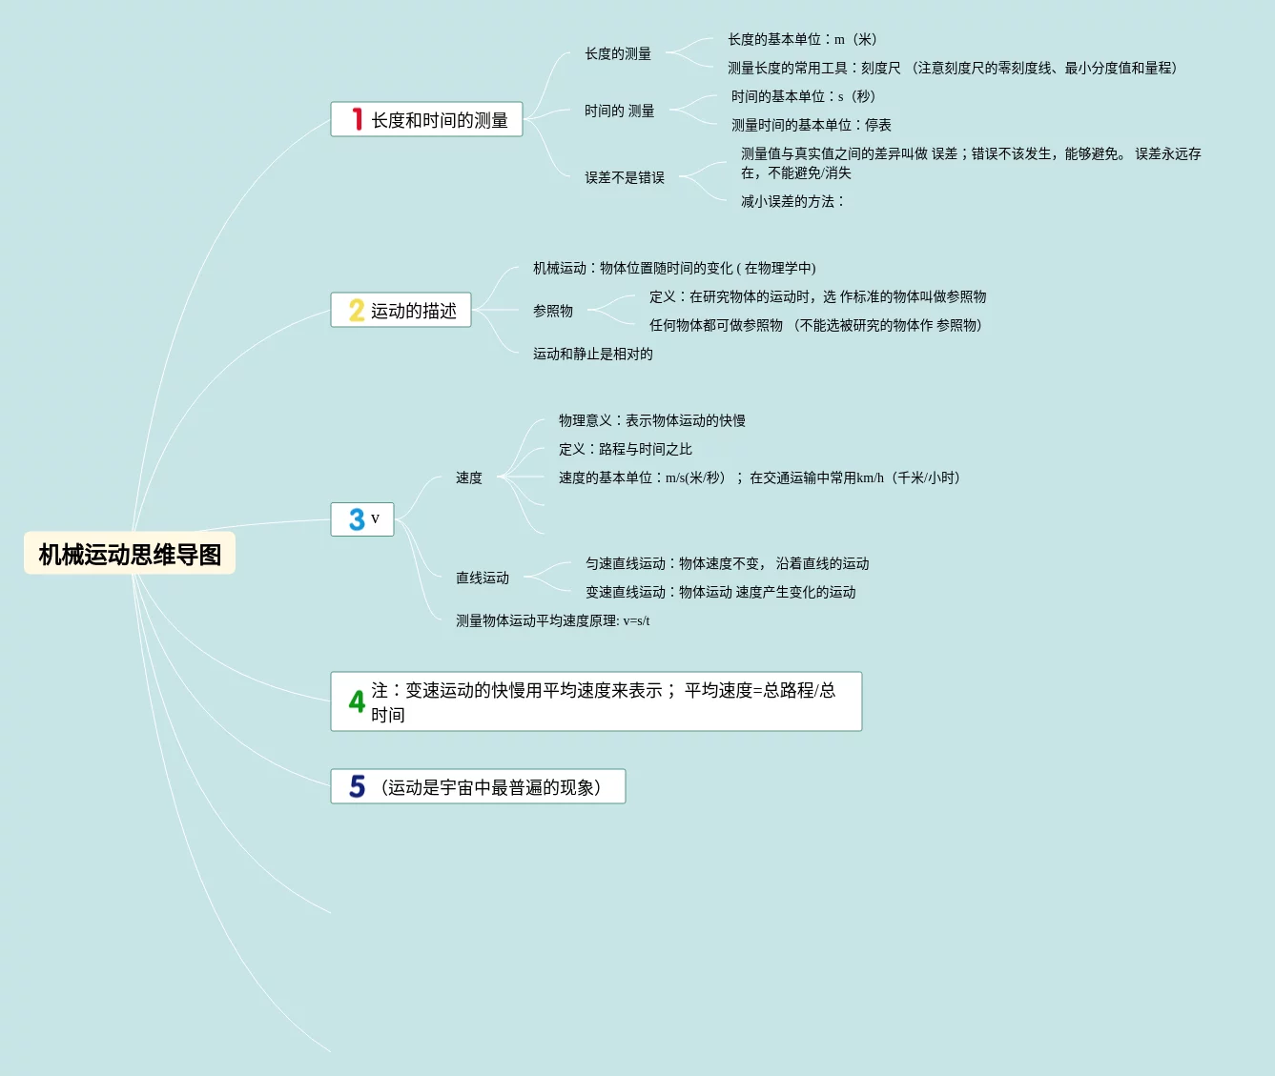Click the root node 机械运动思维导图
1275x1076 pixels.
coord(130,554)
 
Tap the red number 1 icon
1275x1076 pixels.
coord(357,119)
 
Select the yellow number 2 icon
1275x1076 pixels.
coord(357,311)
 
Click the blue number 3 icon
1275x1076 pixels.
coord(357,519)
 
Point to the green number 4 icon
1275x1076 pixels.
coord(357,701)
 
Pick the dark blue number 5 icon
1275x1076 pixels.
coord(357,786)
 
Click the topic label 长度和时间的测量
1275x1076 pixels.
coord(440,120)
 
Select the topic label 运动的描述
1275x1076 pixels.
coord(414,311)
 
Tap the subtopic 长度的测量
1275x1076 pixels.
coord(618,53)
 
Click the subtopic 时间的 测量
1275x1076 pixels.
coord(619,111)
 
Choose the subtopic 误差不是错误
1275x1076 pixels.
coord(625,177)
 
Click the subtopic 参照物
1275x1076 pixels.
coord(553,311)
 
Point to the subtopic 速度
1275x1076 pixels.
coord(469,477)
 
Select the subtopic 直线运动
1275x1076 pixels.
coord(483,578)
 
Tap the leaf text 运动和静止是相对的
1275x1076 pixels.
coord(593,354)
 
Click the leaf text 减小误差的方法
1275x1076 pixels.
coord(792,201)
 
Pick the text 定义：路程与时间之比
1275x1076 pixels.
coord(626,449)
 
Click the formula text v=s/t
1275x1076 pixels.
coord(636,620)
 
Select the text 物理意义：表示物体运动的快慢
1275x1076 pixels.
coord(652,420)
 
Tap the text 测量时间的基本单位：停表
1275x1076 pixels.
coord(812,125)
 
